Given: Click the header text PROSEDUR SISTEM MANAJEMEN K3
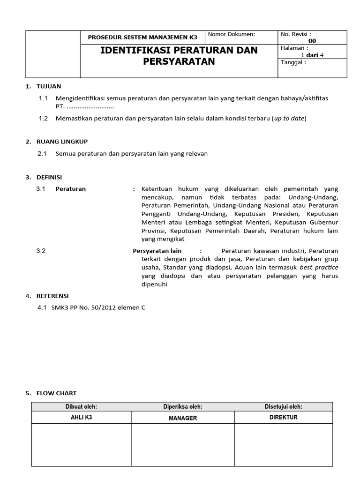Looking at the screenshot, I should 143,37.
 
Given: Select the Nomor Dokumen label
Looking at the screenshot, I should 231,34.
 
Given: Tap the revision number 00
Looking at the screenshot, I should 312,41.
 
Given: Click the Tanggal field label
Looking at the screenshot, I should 293,62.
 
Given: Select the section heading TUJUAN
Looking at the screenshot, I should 49,86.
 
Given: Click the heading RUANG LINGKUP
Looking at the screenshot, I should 62,141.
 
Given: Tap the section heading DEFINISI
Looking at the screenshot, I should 49,177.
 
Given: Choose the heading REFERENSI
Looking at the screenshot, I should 52,296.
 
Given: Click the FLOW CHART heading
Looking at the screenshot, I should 56,393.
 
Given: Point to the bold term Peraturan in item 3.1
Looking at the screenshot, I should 71,189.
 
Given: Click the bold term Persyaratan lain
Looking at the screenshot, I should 157,251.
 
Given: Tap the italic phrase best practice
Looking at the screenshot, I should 319,267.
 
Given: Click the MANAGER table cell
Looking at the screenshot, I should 183,418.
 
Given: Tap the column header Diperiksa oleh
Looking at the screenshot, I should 183,406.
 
